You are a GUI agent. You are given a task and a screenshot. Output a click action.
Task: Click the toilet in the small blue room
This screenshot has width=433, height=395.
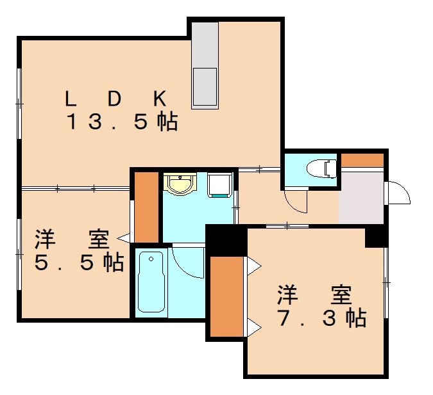(x=321, y=168)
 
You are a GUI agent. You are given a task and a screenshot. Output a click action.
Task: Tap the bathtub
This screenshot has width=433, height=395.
(x=151, y=282)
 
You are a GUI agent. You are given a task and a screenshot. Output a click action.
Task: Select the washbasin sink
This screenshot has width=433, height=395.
(x=180, y=183)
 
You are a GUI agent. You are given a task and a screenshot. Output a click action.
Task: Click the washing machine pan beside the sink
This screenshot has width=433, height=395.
(x=219, y=185)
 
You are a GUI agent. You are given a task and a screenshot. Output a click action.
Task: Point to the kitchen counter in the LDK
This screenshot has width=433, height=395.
(x=205, y=65)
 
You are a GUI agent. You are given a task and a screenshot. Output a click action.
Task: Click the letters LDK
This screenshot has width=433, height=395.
(x=115, y=99)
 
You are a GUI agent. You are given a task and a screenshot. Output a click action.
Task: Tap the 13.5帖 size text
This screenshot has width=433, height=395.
(x=123, y=122)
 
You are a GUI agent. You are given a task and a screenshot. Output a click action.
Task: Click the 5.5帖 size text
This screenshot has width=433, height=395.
(x=80, y=262)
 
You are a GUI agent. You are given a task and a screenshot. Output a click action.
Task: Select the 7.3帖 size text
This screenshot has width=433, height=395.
(x=322, y=318)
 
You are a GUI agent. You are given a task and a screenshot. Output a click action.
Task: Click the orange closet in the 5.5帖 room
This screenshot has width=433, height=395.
(x=146, y=207)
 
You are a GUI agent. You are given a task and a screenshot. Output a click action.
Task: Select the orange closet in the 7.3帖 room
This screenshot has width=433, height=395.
(x=226, y=296)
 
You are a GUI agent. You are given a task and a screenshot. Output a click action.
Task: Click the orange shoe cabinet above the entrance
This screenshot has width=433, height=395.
(x=362, y=160)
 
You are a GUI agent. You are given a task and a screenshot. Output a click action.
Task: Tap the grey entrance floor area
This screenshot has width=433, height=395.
(x=361, y=198)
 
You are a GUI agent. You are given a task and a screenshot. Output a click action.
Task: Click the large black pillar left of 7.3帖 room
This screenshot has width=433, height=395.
(x=226, y=240)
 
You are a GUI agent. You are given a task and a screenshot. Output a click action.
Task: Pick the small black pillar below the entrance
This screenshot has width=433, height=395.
(x=377, y=236)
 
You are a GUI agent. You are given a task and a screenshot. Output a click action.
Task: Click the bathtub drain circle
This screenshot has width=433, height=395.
(x=151, y=259)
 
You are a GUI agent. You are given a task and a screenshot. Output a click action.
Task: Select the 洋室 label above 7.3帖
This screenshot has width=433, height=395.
(x=315, y=295)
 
